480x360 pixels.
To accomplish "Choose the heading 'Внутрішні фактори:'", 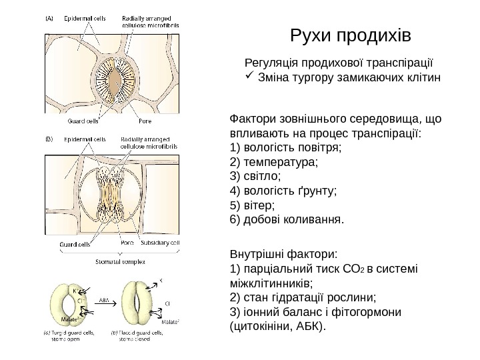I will coord(283,254).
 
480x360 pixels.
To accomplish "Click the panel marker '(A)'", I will coord(51,19).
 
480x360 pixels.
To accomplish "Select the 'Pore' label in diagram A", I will coord(145,121).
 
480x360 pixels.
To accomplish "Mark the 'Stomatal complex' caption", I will coord(120,261).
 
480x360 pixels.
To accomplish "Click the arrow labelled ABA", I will coord(105,306).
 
